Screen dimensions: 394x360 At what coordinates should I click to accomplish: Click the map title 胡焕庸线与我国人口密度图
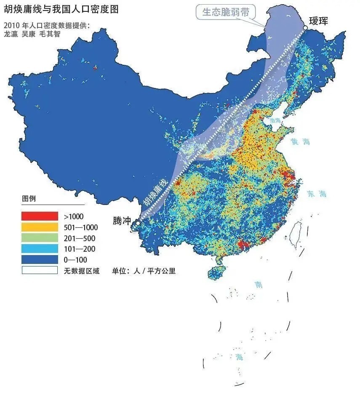click(61, 9)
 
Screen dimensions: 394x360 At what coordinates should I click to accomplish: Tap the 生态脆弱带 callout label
click(226, 12)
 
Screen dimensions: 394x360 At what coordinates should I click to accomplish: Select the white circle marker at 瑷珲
click(305, 28)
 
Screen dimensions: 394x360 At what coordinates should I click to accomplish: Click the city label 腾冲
click(122, 221)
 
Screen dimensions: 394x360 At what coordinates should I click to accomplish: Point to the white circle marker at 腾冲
click(138, 223)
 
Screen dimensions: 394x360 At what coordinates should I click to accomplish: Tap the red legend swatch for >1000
click(39, 216)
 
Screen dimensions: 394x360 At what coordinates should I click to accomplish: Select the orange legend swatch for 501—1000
click(39, 227)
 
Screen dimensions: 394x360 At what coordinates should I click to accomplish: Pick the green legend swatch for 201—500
click(39, 238)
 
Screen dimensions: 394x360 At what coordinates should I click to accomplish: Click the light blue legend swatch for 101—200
click(39, 249)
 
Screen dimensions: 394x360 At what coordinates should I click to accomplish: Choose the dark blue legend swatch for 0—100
click(39, 260)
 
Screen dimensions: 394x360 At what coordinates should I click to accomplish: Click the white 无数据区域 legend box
click(39, 270)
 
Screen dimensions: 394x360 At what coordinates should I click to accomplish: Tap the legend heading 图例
click(28, 198)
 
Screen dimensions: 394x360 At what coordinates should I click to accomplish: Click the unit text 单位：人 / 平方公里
click(144, 271)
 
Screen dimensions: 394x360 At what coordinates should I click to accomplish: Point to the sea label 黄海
click(300, 142)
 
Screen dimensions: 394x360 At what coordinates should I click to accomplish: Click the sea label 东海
click(317, 194)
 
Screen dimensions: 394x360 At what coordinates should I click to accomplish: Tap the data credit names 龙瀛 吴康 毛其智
click(32, 34)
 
